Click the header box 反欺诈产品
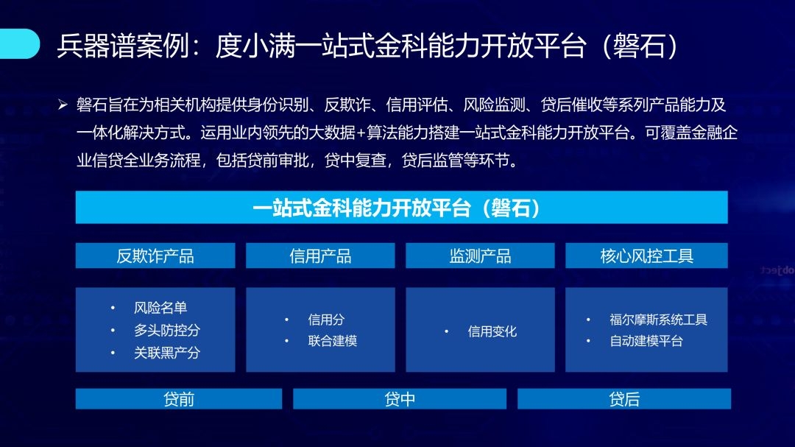coord(155,256)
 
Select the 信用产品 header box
coord(320,256)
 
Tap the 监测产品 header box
coord(480,256)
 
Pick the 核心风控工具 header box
coord(646,256)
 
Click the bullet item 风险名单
coord(160,308)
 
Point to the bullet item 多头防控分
coord(167,331)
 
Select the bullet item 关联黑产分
coord(167,353)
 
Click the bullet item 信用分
coord(326,320)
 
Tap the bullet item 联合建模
coord(332,341)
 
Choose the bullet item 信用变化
coord(492,331)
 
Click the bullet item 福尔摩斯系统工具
coord(658,320)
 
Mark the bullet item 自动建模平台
coord(646,341)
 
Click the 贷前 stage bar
coord(179,399)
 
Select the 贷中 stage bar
coord(400,399)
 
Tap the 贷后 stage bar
coord(624,399)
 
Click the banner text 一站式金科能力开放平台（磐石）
coord(397,208)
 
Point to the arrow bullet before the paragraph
coord(63,105)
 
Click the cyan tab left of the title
coord(19,43)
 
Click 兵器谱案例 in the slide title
coord(123,46)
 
